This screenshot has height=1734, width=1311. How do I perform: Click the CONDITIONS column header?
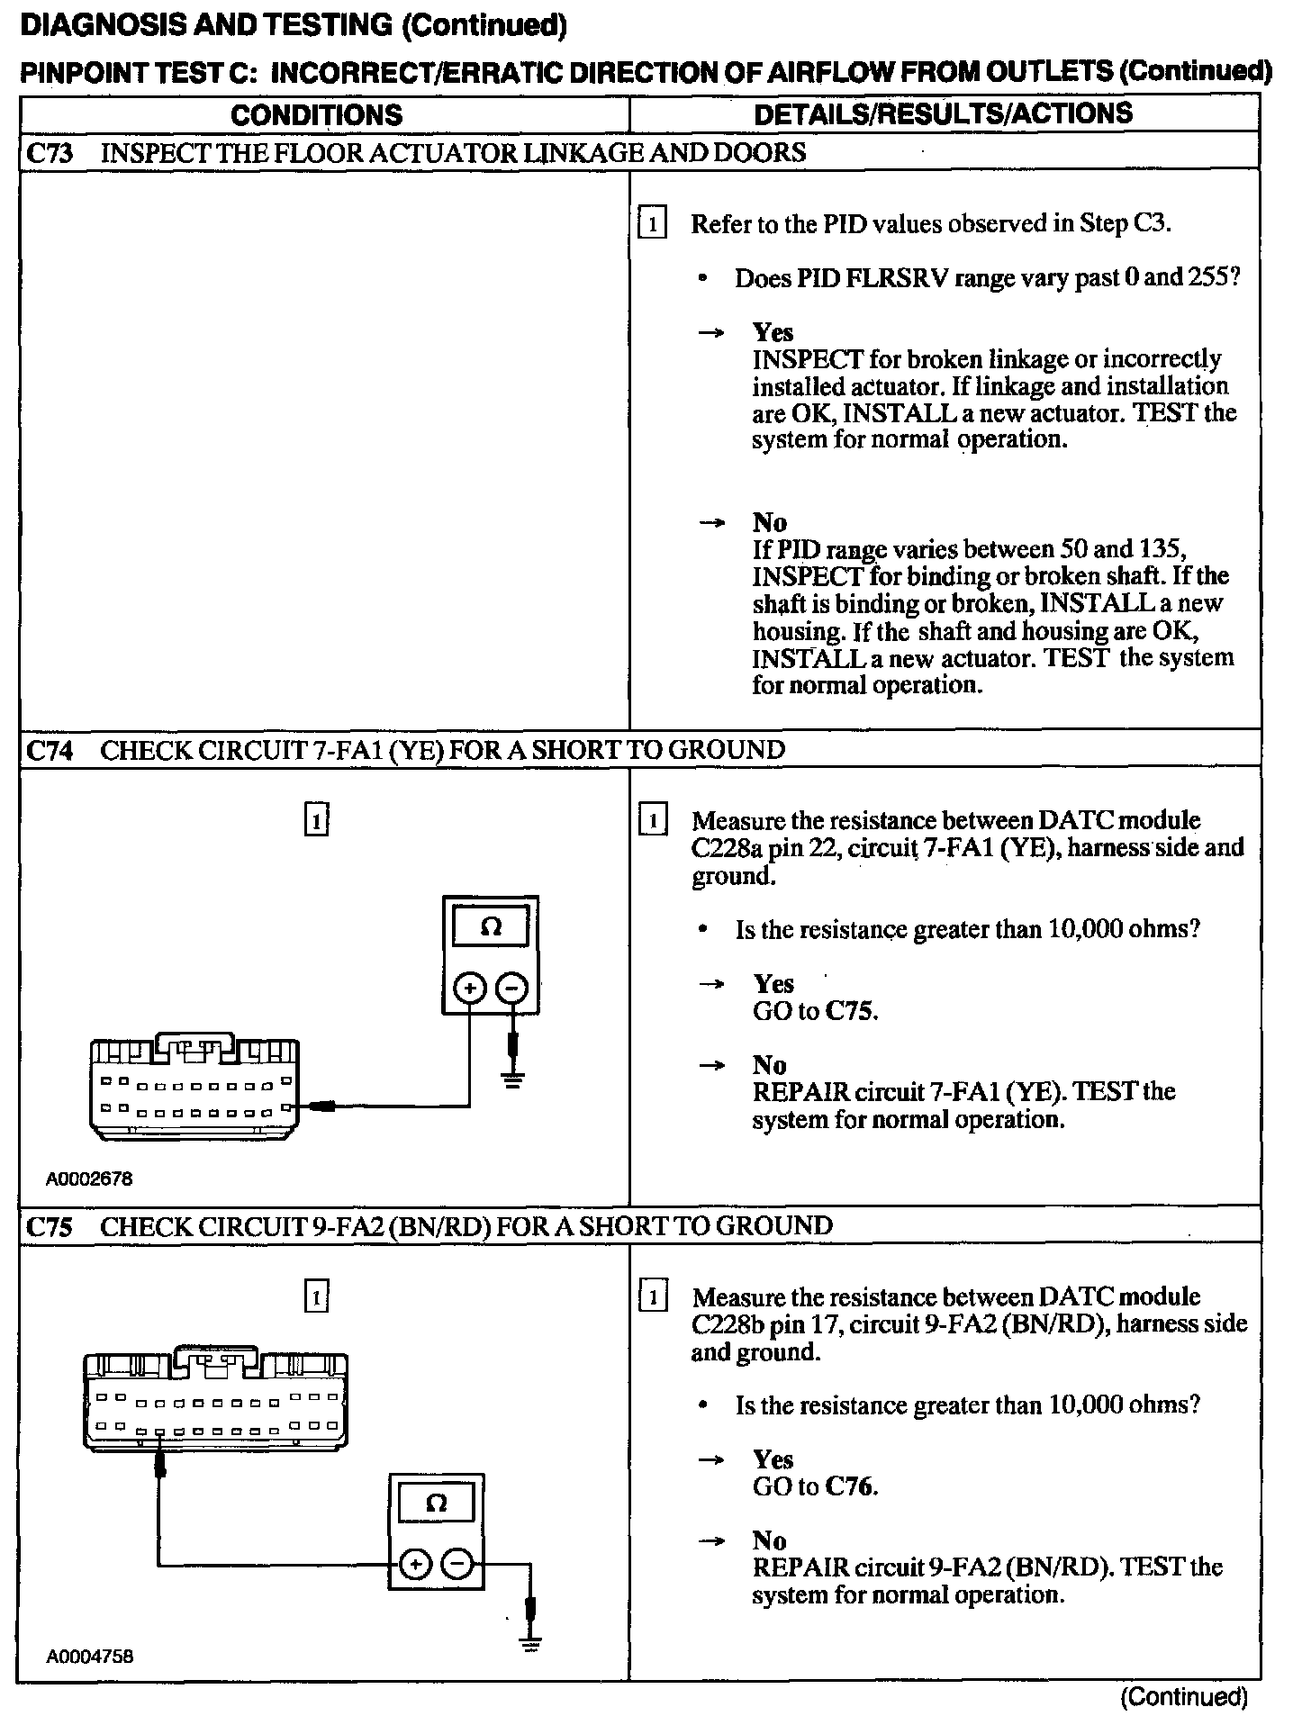316,115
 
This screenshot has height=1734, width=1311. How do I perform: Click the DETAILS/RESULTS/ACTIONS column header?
943,113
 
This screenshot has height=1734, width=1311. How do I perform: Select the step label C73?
49,153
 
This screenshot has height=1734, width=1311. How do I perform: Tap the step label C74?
49,750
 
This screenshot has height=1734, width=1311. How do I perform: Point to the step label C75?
49,1227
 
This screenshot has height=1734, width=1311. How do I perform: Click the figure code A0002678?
89,1179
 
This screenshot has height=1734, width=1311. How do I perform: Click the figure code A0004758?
89,1657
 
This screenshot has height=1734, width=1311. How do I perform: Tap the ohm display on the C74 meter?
491,926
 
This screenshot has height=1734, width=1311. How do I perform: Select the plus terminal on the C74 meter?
469,989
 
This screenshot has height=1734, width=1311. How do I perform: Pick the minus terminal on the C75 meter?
457,1565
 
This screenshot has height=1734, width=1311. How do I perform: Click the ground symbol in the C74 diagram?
513,1079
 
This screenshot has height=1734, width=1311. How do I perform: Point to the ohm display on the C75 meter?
436,1503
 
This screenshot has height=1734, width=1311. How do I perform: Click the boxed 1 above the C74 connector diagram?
316,821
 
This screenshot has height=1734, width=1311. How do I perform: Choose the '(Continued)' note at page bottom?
1184,1697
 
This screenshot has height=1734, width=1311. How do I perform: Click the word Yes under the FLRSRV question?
773,332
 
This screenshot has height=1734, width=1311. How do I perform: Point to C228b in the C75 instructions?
728,1324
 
